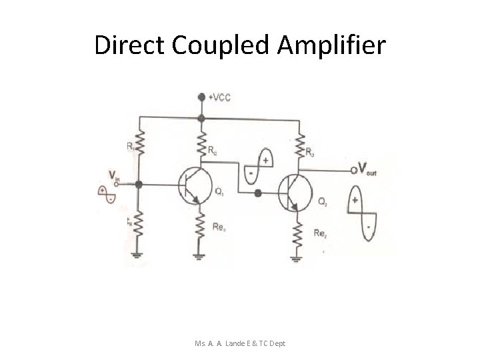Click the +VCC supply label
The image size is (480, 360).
(x=220, y=97)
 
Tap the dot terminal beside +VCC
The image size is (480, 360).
(x=202, y=97)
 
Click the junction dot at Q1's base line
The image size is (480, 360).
(x=139, y=183)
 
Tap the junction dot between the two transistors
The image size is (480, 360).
(x=258, y=194)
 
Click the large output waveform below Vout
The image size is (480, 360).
(x=361, y=212)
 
